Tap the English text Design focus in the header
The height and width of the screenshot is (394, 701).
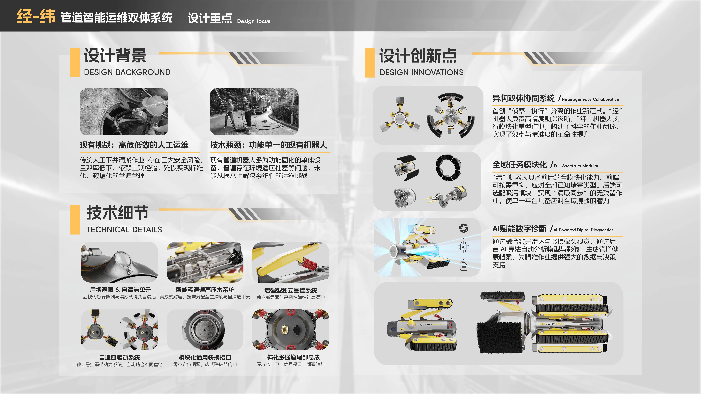pos(254,21)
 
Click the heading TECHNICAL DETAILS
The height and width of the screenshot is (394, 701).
pos(124,230)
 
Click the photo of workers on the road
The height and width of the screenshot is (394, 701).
pos(254,111)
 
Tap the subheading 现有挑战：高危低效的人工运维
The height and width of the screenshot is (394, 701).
pos(134,145)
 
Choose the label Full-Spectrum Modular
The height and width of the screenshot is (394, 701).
pos(576,166)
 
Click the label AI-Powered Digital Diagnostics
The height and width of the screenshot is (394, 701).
pos(583,230)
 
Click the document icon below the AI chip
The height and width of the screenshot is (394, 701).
pos(464,266)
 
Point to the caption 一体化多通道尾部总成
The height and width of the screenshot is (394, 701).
pos(290,357)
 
